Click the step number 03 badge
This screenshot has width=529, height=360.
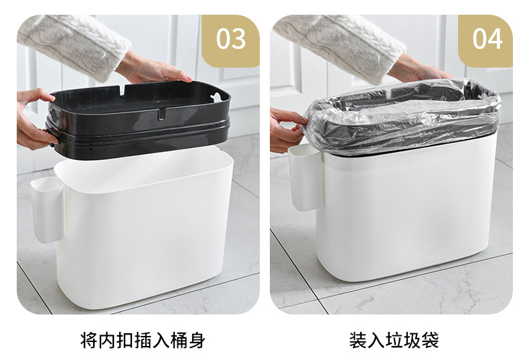click(231, 39)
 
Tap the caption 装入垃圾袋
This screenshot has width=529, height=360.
click(394, 341)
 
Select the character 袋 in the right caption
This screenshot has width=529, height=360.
click(431, 341)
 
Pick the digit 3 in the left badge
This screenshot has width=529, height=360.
click(239, 39)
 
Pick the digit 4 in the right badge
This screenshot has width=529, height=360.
click(495, 39)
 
